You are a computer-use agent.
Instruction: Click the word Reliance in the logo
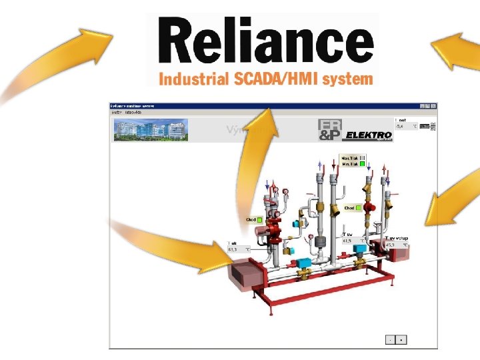265,41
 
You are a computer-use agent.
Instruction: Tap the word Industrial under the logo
194,79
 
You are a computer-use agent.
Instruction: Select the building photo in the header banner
151,129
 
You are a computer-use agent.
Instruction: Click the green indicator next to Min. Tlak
363,163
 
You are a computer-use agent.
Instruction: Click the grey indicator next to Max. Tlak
363,158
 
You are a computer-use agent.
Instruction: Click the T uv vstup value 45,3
392,245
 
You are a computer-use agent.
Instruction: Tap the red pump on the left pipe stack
274,225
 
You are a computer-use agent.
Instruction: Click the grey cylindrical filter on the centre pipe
320,241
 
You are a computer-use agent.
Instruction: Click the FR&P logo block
329,131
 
